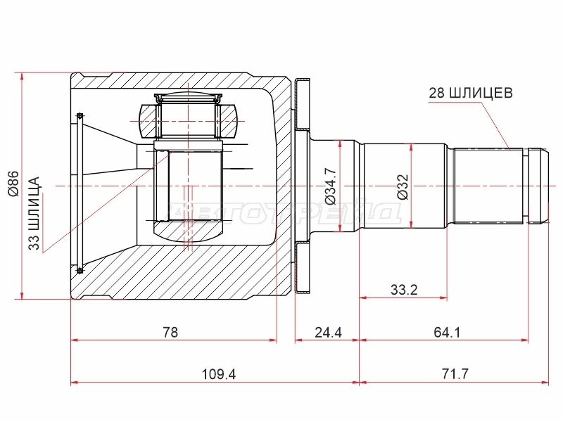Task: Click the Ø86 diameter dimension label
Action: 14,184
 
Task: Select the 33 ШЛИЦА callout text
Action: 34,213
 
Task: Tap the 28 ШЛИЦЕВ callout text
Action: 471,93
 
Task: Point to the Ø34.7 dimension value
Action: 330,186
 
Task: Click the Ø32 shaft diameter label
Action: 403,186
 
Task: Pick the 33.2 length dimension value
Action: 404,289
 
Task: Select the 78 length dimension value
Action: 170,332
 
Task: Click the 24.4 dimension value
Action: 328,332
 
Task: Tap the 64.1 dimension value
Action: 447,332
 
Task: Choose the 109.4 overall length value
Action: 219,374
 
